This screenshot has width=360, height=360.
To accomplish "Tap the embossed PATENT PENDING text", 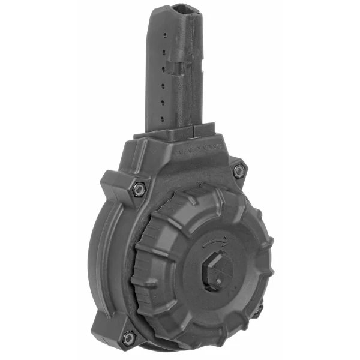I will point(198,153).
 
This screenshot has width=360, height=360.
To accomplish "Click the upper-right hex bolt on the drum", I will point(239,170).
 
